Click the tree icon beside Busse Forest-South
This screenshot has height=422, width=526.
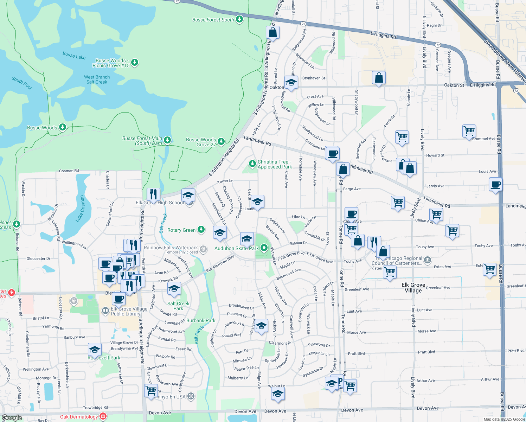(239, 19)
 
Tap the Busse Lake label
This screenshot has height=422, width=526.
(74, 56)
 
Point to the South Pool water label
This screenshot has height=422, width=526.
(22, 83)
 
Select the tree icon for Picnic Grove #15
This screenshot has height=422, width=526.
(134, 63)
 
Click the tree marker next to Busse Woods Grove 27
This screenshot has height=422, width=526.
(221, 141)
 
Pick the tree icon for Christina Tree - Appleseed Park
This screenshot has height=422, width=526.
(252, 164)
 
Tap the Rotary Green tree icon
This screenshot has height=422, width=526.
(201, 230)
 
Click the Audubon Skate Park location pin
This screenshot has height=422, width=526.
(264, 248)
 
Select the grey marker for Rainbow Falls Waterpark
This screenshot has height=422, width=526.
(203, 249)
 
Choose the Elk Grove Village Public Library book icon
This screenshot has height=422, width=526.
(105, 311)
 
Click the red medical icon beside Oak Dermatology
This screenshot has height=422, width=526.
(103, 416)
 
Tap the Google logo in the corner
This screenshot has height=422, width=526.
(12, 418)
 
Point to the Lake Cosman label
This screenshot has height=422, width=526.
(81, 209)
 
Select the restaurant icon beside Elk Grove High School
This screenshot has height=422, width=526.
(153, 194)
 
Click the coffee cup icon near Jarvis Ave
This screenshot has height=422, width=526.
(495, 184)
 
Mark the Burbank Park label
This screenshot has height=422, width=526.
(201, 320)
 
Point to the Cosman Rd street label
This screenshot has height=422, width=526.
(69, 171)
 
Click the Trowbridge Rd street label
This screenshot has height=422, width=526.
(95, 408)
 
